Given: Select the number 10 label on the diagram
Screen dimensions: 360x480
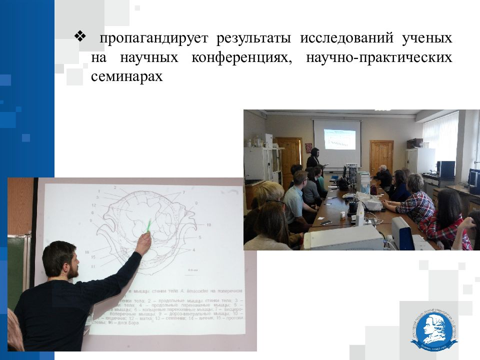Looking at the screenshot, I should pyautogui.click(x=208, y=225).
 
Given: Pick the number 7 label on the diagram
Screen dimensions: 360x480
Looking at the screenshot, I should pyautogui.click(x=183, y=192).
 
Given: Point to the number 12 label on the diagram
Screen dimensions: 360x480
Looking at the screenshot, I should pyautogui.click(x=94, y=205).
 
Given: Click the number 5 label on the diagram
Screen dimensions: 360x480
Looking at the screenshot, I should pyautogui.click(x=200, y=237).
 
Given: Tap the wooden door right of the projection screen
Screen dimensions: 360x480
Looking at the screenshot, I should pyautogui.click(x=381, y=155).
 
